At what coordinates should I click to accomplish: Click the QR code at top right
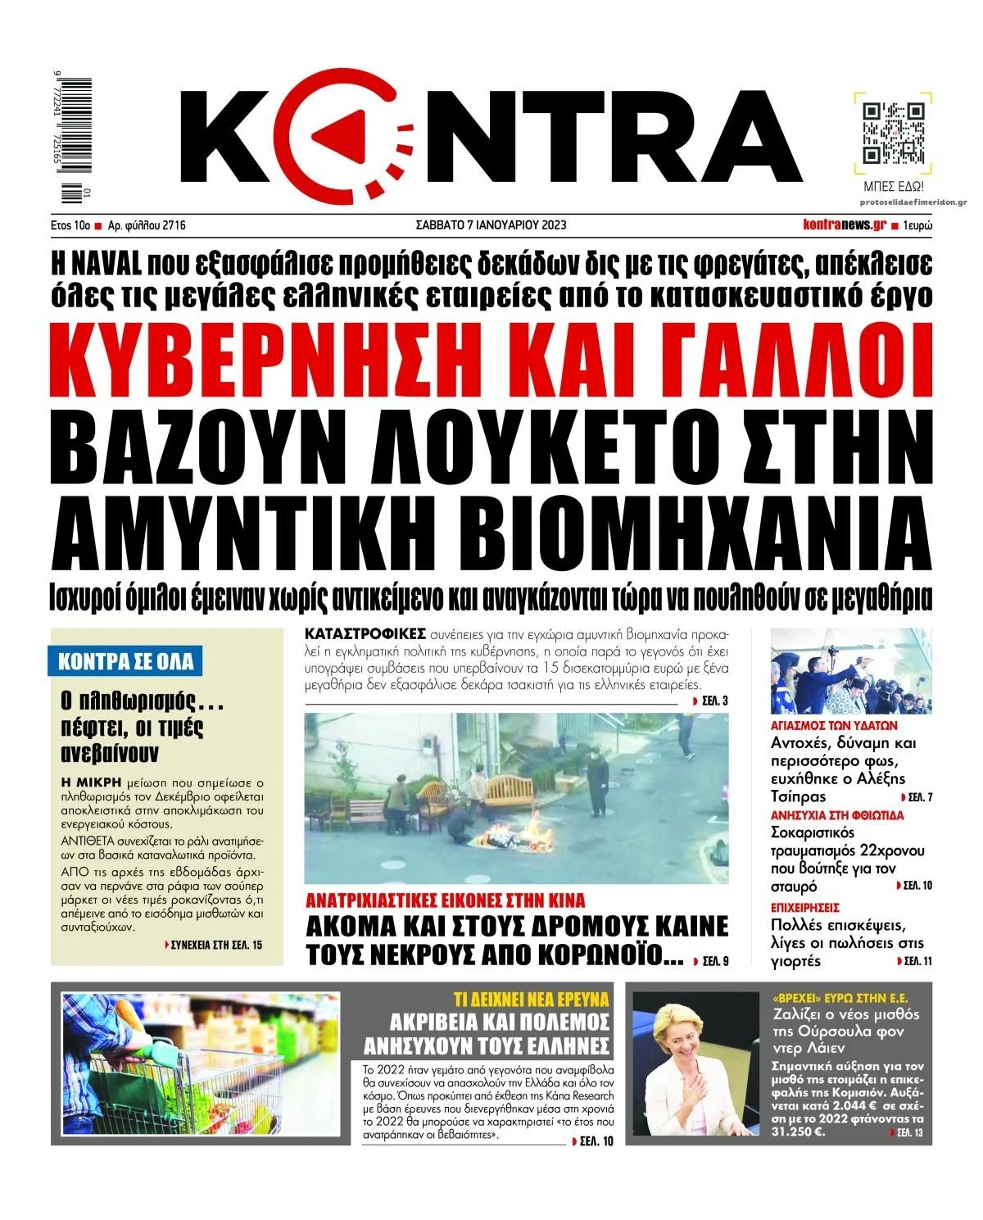click(894, 134)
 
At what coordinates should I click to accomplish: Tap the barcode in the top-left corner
click(71, 139)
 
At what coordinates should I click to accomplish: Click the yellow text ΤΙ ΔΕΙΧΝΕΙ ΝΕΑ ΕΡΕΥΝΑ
click(532, 999)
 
